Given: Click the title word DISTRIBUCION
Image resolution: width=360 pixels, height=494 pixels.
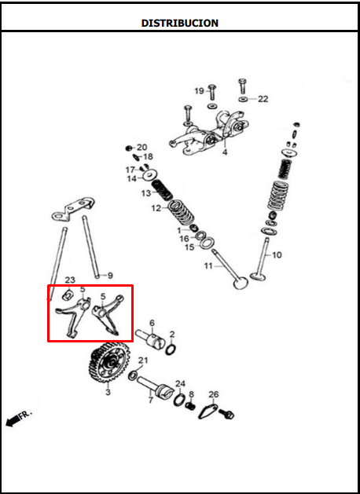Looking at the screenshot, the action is point(180,23).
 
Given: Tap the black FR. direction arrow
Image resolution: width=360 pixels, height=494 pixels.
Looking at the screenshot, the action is point(13,421).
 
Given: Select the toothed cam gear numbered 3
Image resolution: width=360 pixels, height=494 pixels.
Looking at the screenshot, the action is point(108,362).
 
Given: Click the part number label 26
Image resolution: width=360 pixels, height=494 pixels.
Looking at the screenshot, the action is point(214,394).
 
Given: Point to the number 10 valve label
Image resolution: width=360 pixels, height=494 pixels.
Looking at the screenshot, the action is point(277,254).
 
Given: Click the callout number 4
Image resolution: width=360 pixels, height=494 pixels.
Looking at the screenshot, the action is point(225,152).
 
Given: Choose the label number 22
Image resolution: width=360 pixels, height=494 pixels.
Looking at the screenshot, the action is point(263,99).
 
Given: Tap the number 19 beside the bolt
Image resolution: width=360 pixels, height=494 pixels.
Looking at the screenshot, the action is point(199,91).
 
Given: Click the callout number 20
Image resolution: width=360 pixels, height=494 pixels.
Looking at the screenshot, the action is point(141,147).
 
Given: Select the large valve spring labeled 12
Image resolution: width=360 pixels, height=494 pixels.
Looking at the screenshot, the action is point(181,213).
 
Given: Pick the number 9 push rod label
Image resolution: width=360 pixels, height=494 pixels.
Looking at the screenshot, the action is point(110,276).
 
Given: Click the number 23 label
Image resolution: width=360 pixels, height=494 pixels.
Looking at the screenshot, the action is point(70,280).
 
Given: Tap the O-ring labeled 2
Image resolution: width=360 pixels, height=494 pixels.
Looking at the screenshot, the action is point(171,349).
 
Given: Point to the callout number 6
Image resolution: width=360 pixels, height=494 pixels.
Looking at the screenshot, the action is point(152,323).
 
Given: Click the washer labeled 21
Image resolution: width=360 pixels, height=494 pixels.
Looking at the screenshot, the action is point(133,375).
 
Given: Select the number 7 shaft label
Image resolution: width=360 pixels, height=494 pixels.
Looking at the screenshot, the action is point(151,400).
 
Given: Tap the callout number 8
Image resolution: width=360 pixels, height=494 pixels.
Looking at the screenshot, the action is point(191,394).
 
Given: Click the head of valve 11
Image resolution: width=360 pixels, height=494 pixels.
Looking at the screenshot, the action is point(241,282).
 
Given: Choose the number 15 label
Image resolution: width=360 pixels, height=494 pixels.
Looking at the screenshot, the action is point(189,247).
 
